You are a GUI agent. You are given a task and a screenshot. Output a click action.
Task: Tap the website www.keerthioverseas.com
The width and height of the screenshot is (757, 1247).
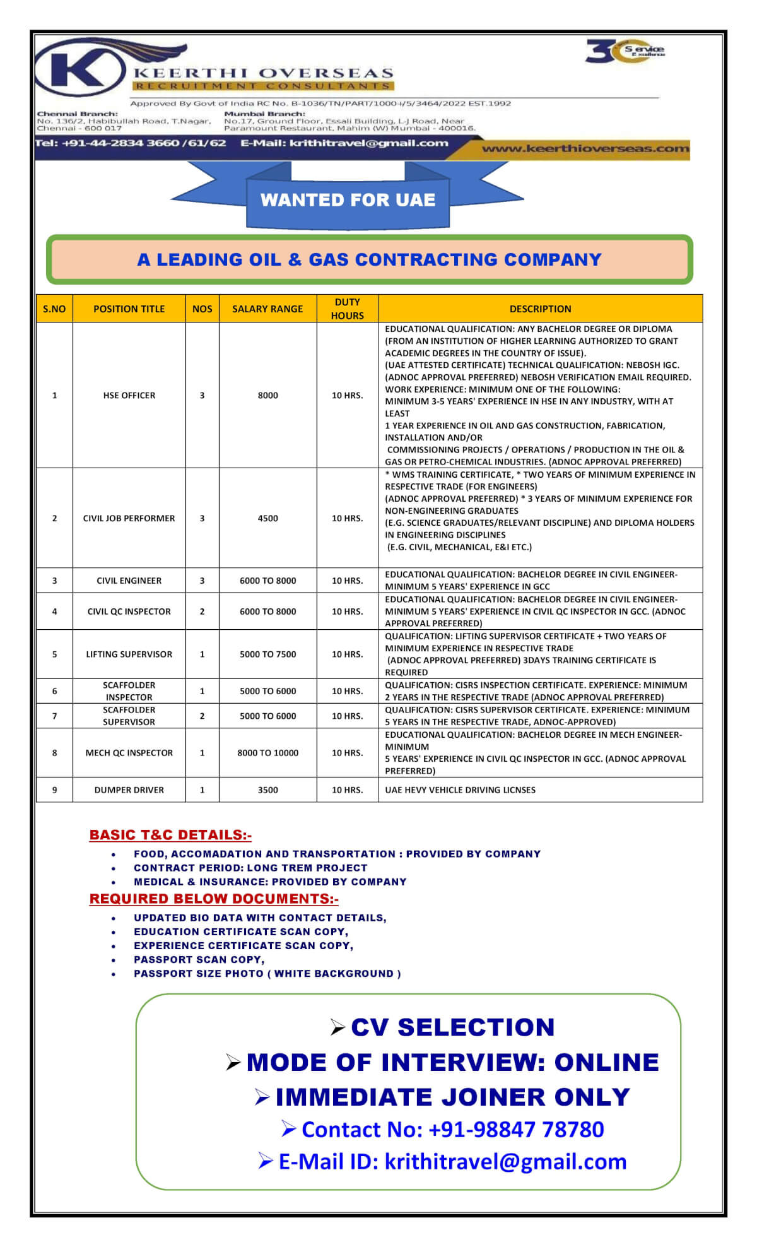[585, 149]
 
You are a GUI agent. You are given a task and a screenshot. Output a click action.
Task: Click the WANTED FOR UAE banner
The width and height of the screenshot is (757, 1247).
[348, 200]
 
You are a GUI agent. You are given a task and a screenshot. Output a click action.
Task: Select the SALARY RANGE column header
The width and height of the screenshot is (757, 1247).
[267, 309]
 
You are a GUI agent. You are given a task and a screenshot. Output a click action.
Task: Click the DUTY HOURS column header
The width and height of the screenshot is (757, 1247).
[347, 309]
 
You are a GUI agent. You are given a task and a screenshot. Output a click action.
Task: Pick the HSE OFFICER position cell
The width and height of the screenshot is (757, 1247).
[129, 396]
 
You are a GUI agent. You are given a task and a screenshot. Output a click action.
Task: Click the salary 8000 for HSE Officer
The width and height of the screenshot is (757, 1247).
[267, 396]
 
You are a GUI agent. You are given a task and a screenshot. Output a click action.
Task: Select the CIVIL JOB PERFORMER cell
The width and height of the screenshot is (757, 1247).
[129, 518]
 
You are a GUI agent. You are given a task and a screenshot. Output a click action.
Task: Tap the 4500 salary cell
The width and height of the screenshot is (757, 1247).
[267, 518]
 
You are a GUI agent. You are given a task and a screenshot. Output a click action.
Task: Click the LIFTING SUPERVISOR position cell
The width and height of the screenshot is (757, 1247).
[129, 654]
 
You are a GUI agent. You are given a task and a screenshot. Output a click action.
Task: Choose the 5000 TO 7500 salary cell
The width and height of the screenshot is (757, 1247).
[267, 654]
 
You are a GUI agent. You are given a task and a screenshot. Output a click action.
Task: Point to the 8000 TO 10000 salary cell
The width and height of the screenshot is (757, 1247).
[267, 753]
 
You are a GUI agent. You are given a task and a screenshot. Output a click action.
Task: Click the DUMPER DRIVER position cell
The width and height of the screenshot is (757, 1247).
[129, 790]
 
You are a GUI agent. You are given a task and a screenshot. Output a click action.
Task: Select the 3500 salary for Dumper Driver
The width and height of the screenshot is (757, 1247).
[267, 790]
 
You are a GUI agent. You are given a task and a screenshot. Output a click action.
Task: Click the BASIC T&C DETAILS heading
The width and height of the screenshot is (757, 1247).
[170, 835]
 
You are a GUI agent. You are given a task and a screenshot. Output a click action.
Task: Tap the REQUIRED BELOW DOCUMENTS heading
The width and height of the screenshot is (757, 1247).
[214, 899]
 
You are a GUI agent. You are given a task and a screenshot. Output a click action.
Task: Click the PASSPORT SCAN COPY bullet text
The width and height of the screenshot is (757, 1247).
[199, 960]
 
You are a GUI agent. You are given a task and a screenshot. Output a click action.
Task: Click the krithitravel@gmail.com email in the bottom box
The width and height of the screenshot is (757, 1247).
[505, 1161]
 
